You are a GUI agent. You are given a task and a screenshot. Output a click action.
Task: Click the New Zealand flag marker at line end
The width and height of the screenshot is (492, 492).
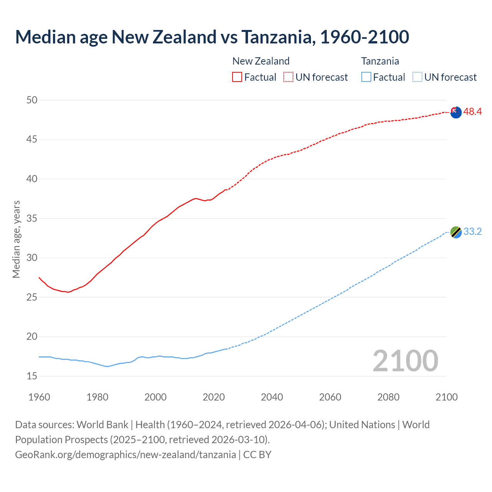(455, 112)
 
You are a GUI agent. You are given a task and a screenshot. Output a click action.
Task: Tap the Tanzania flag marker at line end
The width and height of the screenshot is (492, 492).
(455, 232)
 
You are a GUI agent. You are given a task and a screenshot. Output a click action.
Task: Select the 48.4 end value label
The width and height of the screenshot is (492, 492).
(472, 112)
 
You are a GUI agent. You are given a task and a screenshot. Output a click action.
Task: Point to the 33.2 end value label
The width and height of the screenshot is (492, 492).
(472, 232)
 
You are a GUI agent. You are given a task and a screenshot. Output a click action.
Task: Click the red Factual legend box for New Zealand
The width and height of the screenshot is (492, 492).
(237, 77)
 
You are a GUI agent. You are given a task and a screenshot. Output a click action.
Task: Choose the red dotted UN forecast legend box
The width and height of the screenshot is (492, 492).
(288, 77)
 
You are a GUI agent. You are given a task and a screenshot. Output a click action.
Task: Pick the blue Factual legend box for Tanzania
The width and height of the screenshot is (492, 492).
(366, 77)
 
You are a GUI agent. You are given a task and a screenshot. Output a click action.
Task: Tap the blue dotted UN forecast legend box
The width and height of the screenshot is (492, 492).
(417, 77)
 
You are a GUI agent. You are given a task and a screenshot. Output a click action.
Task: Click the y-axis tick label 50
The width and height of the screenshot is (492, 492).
(32, 100)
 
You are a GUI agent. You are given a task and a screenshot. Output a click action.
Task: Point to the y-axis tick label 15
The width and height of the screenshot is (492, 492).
(32, 376)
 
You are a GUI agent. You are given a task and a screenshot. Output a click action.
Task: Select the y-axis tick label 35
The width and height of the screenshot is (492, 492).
(32, 219)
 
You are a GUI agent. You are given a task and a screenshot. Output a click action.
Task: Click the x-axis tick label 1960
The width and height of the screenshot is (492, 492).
(39, 397)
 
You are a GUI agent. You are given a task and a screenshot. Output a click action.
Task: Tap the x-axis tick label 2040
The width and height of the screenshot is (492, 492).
(272, 397)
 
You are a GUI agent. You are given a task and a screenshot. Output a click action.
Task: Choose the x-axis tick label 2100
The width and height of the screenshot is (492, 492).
(447, 397)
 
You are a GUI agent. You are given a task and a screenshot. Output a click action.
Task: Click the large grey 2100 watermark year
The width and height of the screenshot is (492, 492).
(405, 361)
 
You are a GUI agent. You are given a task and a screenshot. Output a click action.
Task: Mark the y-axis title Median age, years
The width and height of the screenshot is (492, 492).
(16, 239)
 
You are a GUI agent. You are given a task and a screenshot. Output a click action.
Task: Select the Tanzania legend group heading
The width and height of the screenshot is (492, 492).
(380, 61)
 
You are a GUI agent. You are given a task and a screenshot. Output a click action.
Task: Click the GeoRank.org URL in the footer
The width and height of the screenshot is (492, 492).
(125, 455)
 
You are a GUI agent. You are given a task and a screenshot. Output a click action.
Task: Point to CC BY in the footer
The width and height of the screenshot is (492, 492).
(257, 455)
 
